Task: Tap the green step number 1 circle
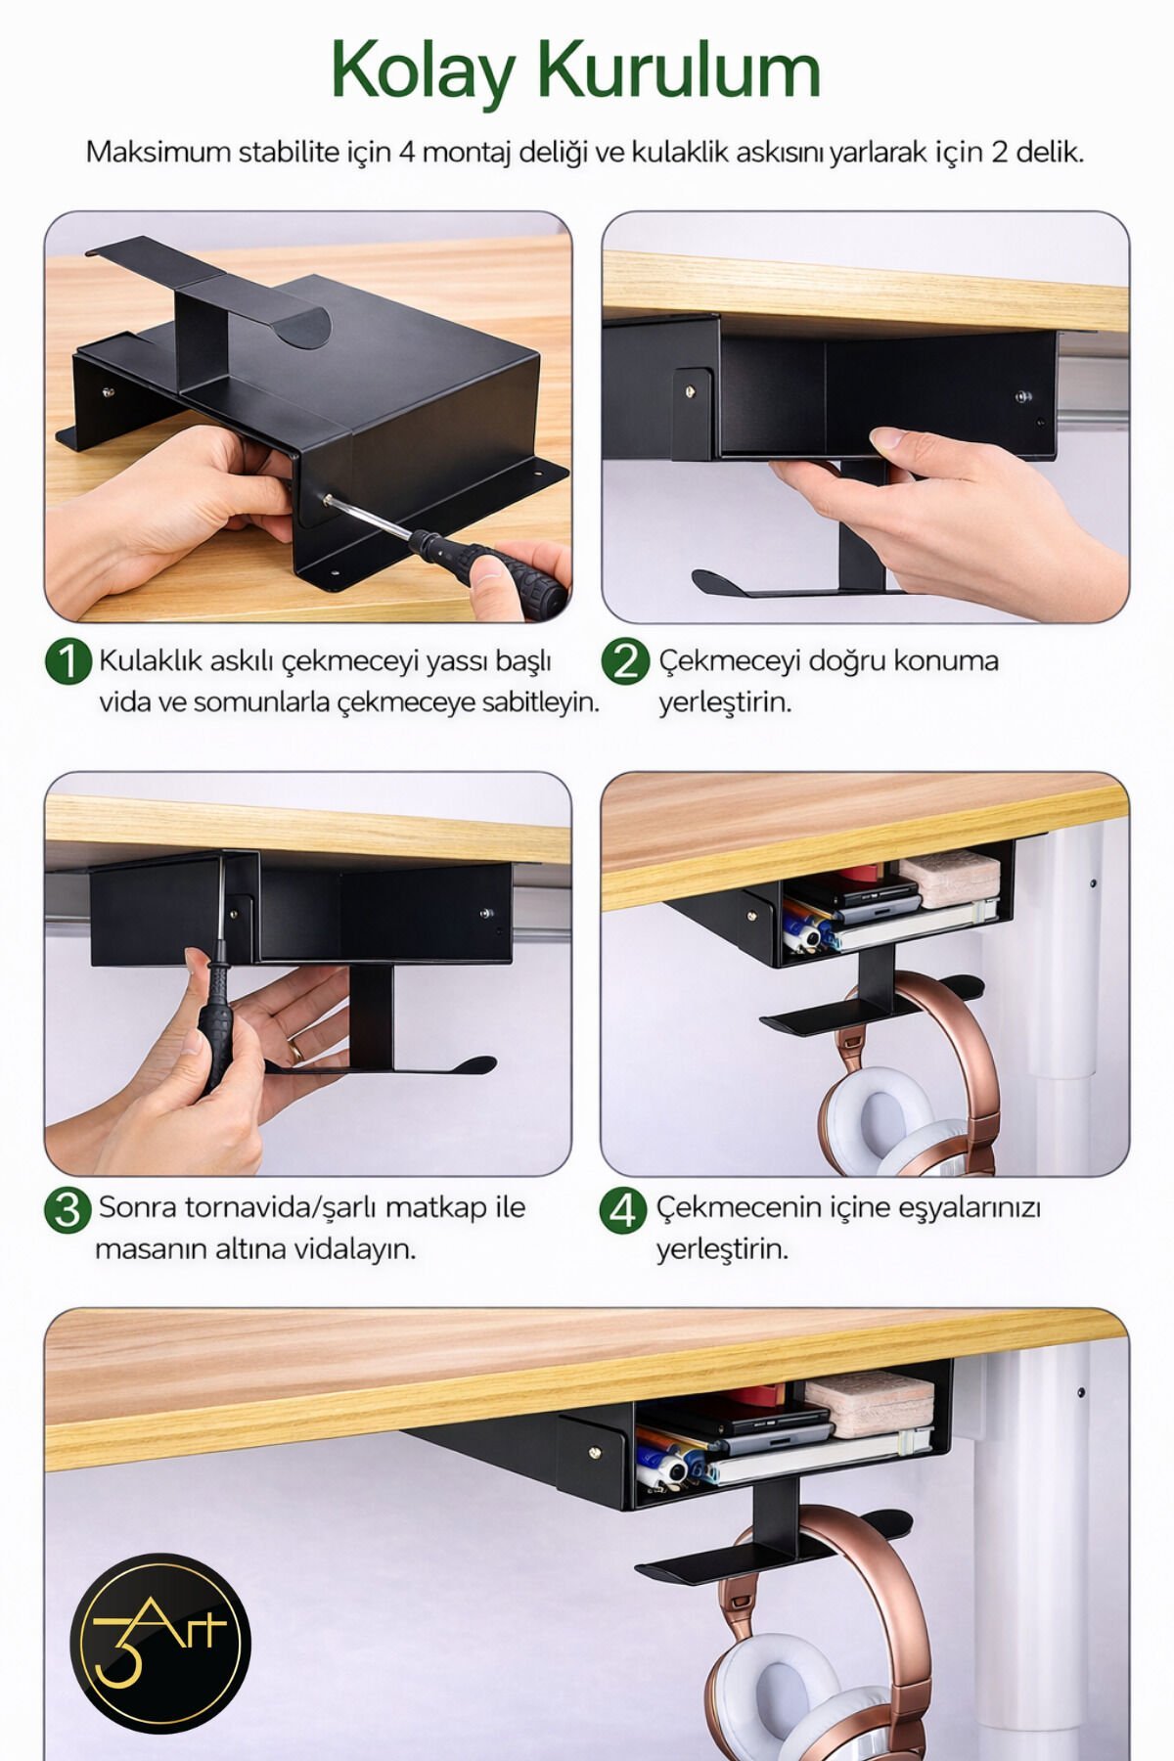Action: pos(68,662)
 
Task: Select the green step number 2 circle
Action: pos(625,662)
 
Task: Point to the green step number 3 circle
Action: pos(68,1210)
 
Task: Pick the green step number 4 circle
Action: pos(623,1210)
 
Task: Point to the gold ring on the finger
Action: pos(294,1049)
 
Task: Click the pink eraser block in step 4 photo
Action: pos(949,877)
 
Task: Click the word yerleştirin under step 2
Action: pos(724,703)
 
